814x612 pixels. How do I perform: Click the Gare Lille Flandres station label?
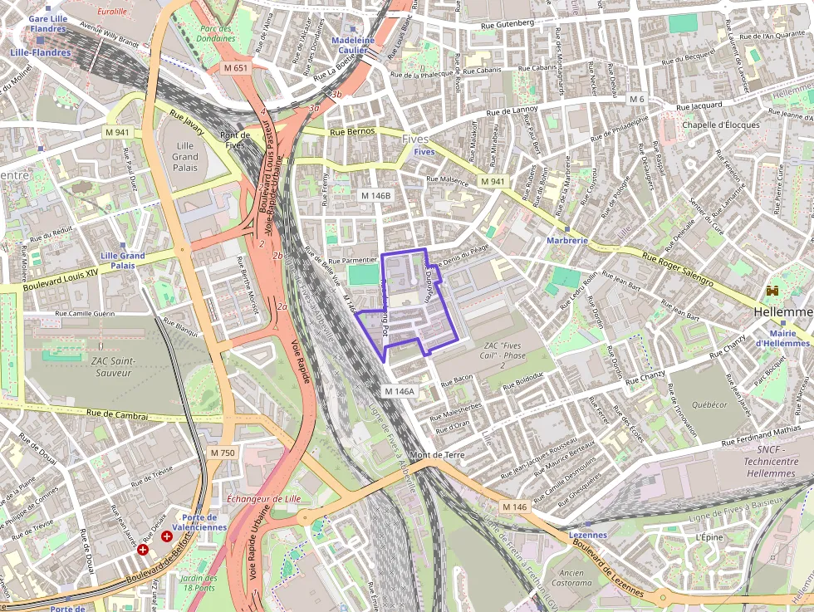[x=48, y=23]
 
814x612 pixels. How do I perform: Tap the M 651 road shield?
[x=235, y=67]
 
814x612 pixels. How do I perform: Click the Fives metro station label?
[x=424, y=152]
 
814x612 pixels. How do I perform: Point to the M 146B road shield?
[x=375, y=195]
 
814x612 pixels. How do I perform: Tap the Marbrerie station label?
[x=567, y=240]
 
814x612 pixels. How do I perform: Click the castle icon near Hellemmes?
[x=773, y=291]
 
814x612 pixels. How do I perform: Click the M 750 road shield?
[x=223, y=453]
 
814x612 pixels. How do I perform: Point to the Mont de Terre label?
[x=438, y=455]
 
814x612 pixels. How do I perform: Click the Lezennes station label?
[x=588, y=536]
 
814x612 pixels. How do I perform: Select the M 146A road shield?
[x=399, y=390]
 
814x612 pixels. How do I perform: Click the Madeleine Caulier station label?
[x=353, y=45]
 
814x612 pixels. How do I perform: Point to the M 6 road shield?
[x=636, y=99]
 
